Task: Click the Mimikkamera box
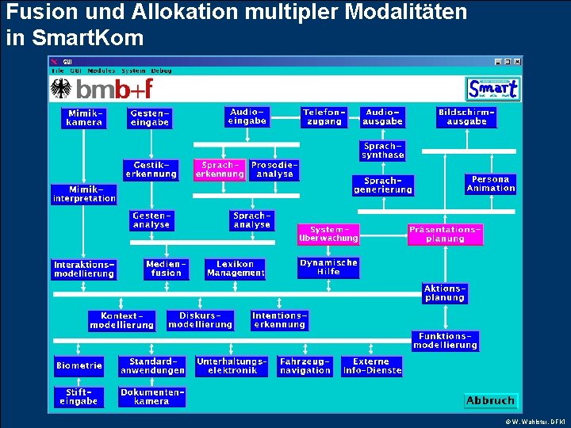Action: (x=84, y=118)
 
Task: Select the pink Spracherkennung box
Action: (x=220, y=170)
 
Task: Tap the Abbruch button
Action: (x=490, y=400)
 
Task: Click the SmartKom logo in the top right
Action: (x=493, y=89)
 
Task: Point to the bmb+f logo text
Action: (x=116, y=89)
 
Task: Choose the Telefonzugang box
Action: (x=324, y=117)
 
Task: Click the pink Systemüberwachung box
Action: (x=328, y=234)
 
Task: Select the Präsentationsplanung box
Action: (x=445, y=234)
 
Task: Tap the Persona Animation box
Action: (x=491, y=184)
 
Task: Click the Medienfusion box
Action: (x=166, y=269)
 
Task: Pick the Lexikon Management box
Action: (x=236, y=269)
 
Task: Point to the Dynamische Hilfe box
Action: (x=328, y=267)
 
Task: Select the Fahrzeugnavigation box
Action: (x=305, y=365)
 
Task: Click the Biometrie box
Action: (x=79, y=365)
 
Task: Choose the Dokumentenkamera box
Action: (x=152, y=396)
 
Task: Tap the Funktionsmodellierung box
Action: (x=445, y=341)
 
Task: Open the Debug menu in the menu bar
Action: (x=161, y=71)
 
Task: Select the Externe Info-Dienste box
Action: (x=372, y=365)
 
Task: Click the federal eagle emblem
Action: (x=60, y=89)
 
